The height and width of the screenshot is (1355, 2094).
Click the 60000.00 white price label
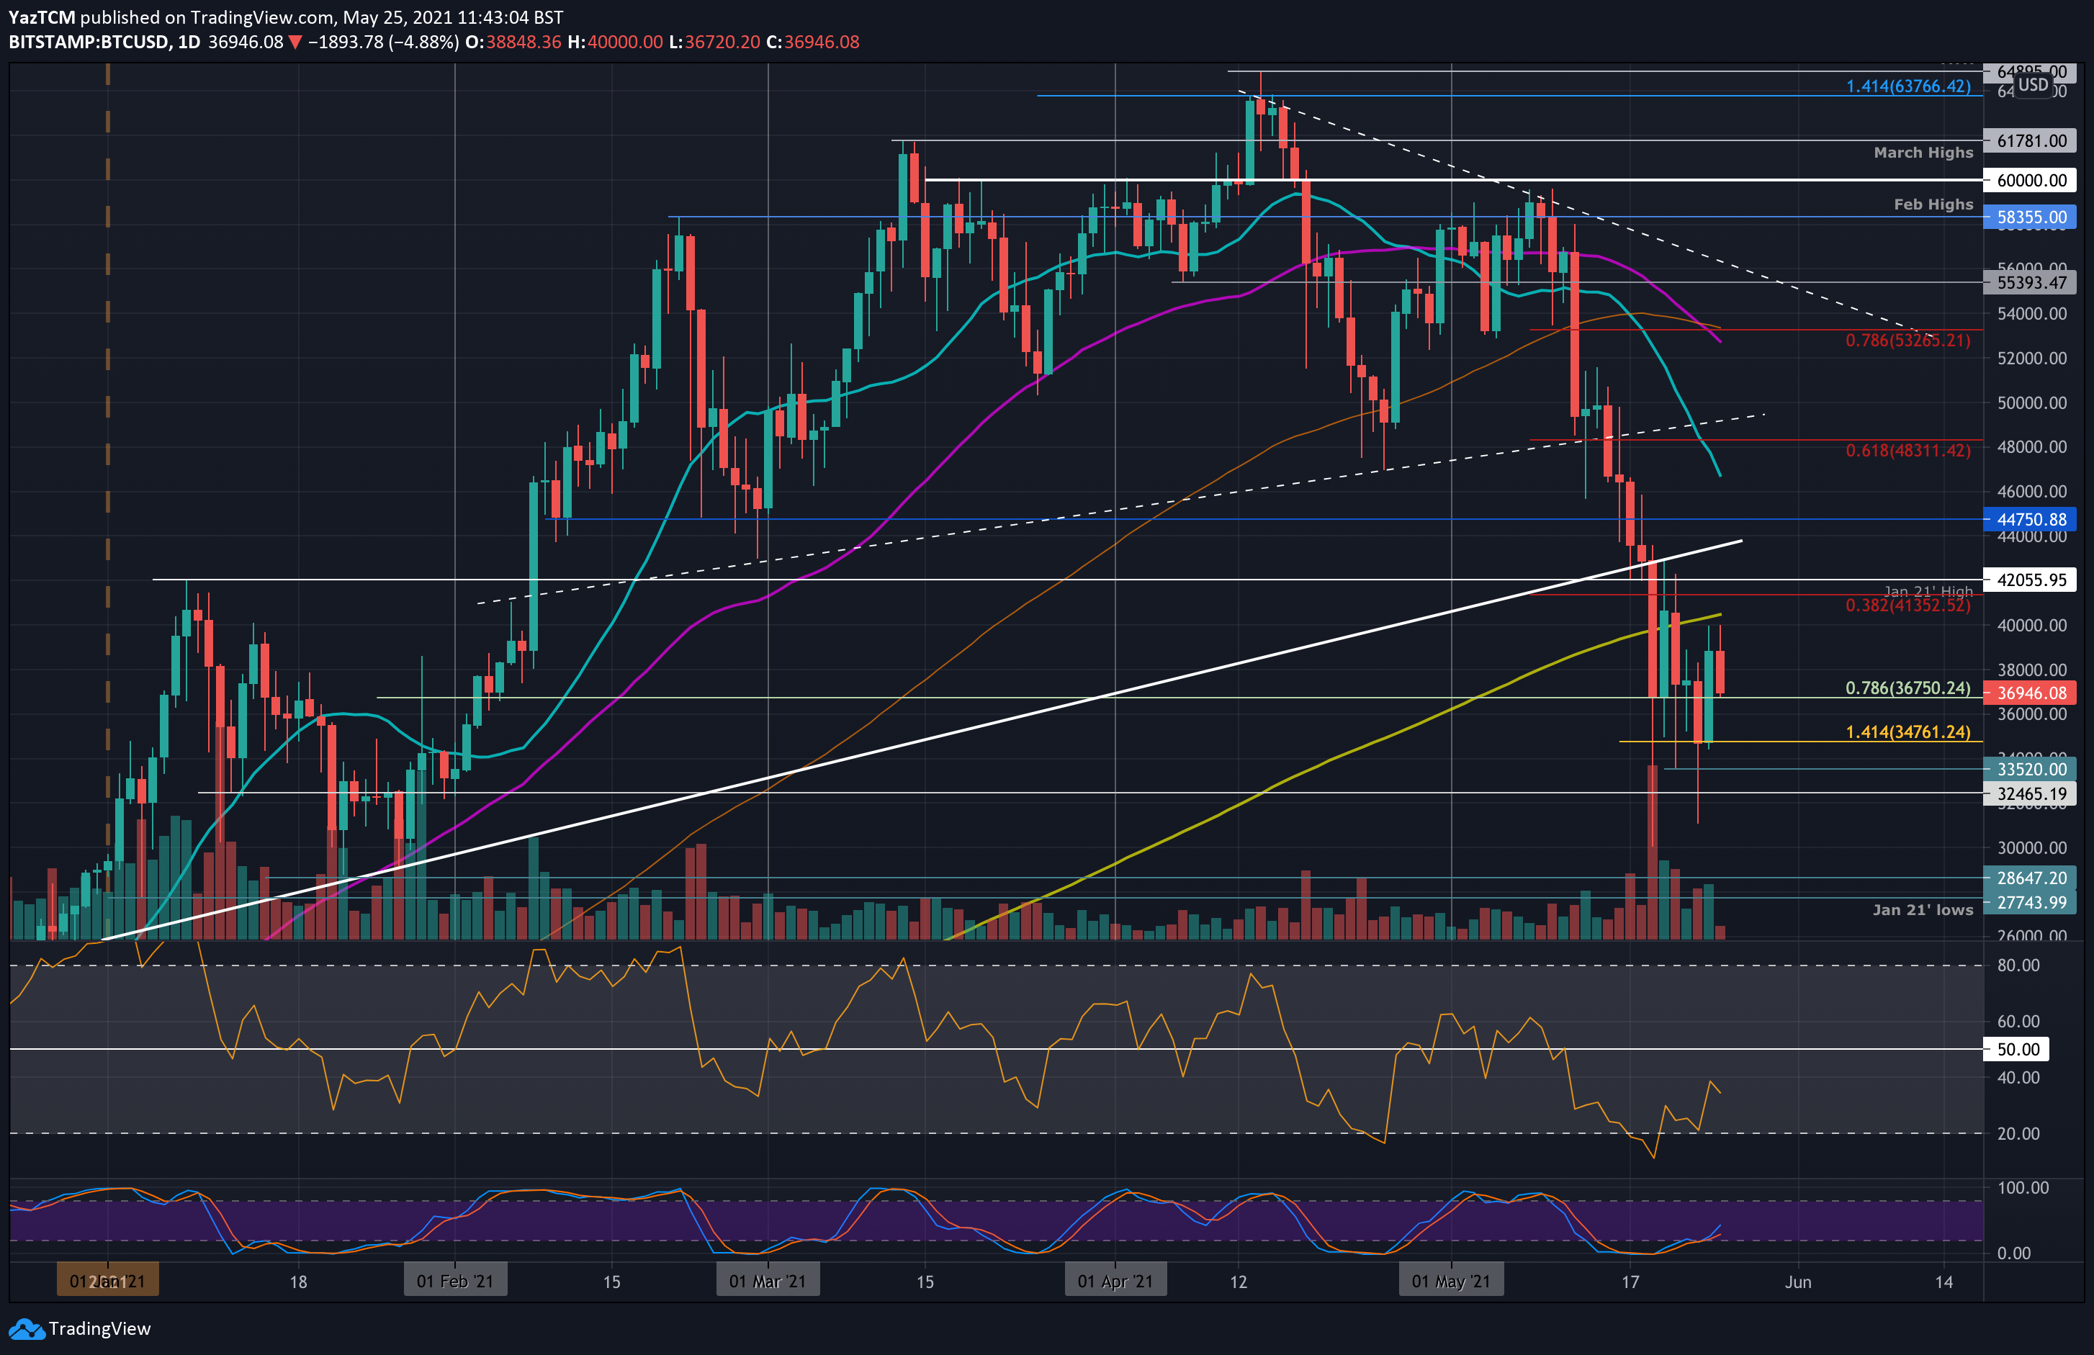click(2030, 181)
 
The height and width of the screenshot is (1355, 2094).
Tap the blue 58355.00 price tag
click(2030, 217)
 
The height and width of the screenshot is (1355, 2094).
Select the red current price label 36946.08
click(2030, 693)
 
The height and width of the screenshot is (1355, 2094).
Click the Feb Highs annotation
click(1933, 204)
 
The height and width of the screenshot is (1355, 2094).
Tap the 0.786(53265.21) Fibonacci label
click(1907, 341)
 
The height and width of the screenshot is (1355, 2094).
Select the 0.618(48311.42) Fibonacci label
click(1907, 451)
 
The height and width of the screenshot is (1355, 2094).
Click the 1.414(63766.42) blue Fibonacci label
click(1907, 86)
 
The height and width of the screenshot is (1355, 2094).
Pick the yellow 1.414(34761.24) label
click(1907, 732)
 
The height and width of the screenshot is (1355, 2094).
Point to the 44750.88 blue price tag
click(2030, 520)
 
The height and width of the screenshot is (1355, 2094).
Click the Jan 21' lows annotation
click(1923, 910)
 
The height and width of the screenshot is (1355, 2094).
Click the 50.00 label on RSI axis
click(2018, 1049)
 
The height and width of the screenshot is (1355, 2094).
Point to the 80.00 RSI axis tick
click(2018, 965)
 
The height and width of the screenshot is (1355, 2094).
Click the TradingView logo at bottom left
click(79, 1328)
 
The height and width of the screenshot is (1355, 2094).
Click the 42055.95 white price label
click(2030, 580)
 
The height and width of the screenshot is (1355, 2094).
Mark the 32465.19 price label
click(2030, 793)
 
